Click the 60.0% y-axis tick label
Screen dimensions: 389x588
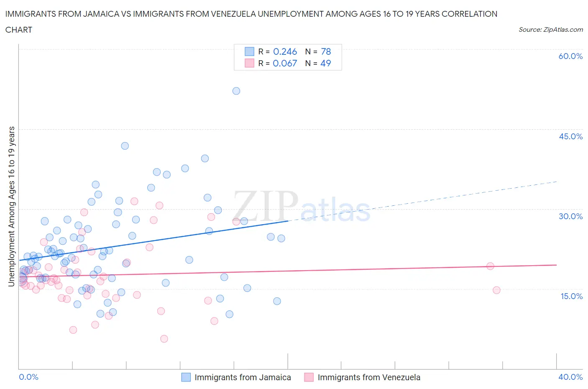(x=570, y=56)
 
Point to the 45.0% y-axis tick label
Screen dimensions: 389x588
(x=570, y=136)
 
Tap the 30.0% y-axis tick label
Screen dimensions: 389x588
(x=570, y=216)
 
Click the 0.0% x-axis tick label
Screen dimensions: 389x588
(x=28, y=377)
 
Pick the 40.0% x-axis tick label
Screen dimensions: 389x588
(x=570, y=377)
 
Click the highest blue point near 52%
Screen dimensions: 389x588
(x=236, y=91)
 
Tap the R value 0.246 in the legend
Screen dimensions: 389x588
(x=285, y=51)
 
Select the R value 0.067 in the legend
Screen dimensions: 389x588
(x=285, y=63)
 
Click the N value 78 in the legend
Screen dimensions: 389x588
(x=326, y=51)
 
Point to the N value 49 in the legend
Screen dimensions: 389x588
(x=325, y=63)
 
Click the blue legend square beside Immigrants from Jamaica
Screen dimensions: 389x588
(x=186, y=377)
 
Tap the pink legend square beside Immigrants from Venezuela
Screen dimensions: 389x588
(x=309, y=377)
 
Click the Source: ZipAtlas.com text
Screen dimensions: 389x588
(x=550, y=29)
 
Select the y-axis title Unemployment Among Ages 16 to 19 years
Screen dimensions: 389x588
(x=11, y=207)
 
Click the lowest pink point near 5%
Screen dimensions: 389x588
(x=164, y=339)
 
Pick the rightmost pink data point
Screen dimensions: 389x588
(x=496, y=290)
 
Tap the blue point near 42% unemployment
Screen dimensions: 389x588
(x=125, y=146)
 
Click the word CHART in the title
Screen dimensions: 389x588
(x=19, y=30)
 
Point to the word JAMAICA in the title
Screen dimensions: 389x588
(x=112, y=14)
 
